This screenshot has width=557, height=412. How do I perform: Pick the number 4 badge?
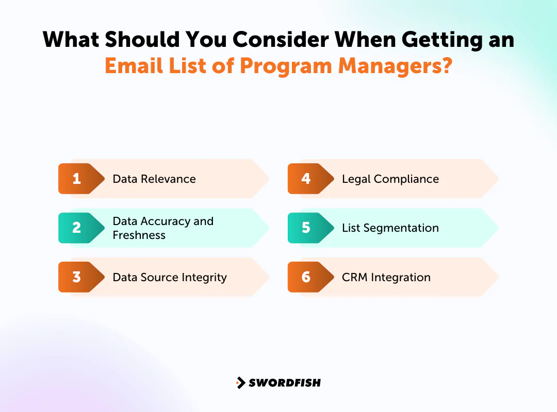[306, 179]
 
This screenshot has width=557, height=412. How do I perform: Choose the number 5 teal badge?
[306, 228]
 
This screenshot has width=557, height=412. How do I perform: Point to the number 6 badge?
[306, 277]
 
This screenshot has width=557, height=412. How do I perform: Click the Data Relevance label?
[154, 179]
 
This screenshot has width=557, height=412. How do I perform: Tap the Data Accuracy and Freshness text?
[162, 228]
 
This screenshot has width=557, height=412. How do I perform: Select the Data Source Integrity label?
[170, 277]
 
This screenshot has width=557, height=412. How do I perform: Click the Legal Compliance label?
[390, 179]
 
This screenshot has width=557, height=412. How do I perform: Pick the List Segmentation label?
[390, 228]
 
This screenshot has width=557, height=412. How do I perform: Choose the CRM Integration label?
[386, 277]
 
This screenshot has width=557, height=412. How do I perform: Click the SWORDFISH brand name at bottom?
[285, 383]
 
